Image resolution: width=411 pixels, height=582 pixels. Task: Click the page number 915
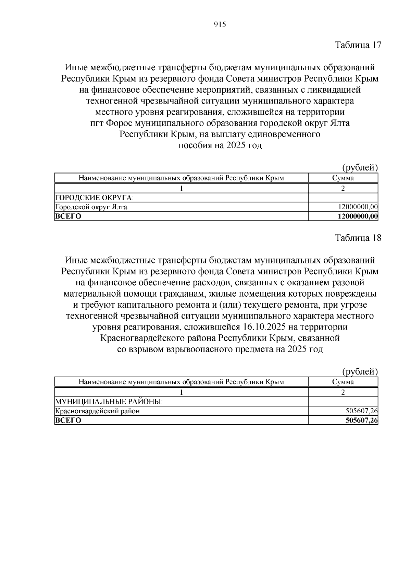coord(220,24)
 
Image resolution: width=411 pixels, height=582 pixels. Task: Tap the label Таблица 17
coord(358,45)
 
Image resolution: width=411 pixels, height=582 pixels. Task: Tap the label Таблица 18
coord(358,238)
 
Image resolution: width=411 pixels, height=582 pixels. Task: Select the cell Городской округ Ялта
coord(91,207)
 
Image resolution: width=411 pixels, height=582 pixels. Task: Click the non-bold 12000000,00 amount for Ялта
coord(358,207)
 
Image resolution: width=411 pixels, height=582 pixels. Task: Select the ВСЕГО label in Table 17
coord(68,216)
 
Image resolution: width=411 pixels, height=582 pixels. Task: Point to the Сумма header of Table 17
coord(343,178)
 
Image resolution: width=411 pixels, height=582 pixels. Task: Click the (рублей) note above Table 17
coord(360,167)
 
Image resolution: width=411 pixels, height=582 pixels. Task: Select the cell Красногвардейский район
coord(98,411)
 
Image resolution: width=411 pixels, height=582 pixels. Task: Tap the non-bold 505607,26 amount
coord(361,411)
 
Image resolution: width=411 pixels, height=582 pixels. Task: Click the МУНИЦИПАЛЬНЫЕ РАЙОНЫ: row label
coord(109,402)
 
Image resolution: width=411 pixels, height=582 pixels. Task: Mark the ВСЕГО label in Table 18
coord(68,420)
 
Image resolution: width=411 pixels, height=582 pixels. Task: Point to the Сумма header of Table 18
coord(343,382)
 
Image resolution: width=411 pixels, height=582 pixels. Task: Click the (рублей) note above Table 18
coord(360,371)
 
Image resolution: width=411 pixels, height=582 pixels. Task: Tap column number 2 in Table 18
coord(343,392)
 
